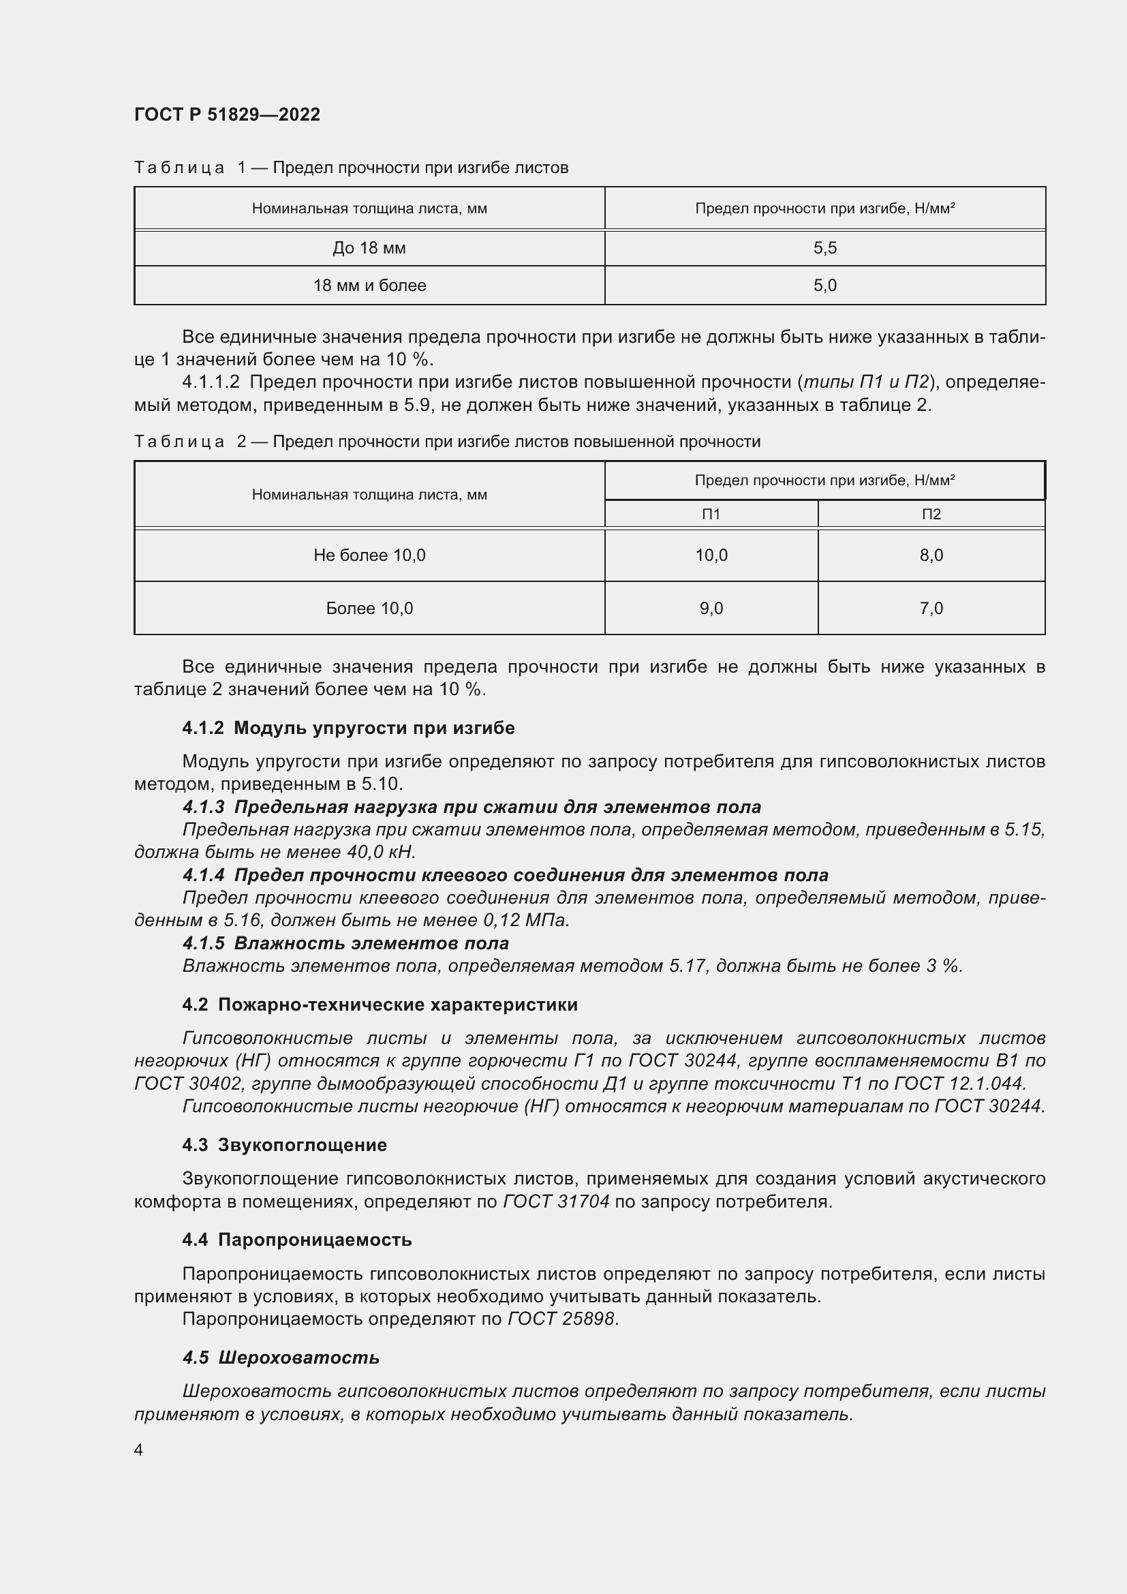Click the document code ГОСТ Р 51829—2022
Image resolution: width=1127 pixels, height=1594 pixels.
[227, 114]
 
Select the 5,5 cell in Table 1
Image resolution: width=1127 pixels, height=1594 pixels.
[824, 248]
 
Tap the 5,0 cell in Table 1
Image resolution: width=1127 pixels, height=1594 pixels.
[824, 286]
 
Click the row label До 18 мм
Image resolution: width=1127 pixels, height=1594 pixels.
[369, 248]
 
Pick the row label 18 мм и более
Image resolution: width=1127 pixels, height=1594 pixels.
[369, 286]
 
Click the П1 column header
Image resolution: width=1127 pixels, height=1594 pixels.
[711, 515]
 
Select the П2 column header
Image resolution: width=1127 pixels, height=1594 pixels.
[931, 515]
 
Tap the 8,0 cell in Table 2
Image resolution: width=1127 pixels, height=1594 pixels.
[931, 555]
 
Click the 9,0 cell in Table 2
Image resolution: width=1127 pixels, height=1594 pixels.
[711, 608]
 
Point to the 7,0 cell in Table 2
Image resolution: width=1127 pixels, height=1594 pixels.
[931, 608]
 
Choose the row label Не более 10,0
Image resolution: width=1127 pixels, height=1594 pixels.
[369, 555]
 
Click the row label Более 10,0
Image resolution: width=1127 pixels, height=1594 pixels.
[369, 608]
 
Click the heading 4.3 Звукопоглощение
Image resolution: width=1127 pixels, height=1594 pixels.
[285, 1145]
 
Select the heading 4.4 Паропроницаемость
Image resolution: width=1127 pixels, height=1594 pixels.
[297, 1239]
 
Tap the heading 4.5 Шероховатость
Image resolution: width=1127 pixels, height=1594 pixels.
[281, 1358]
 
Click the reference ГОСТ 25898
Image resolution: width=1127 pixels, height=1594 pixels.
[561, 1319]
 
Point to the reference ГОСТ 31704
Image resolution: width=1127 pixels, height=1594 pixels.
[556, 1201]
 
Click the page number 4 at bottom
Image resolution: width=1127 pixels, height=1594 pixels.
[139, 1450]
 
